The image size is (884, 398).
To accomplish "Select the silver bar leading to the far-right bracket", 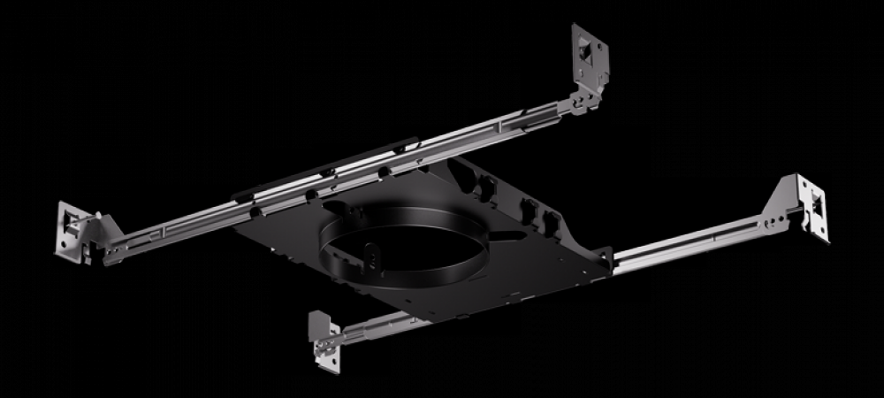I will [698, 243].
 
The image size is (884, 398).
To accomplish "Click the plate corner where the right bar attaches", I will [601, 259].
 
